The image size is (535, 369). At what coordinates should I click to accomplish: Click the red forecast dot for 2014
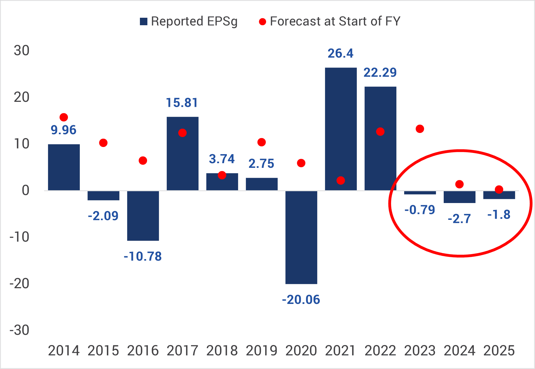pyautogui.click(x=64, y=117)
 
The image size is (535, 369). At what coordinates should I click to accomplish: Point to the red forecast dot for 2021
pyautogui.click(x=341, y=181)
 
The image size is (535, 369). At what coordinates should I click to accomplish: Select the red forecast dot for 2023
pyautogui.click(x=420, y=129)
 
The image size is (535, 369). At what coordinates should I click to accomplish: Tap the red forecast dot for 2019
pyautogui.click(x=261, y=142)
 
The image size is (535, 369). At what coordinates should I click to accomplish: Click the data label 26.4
pyautogui.click(x=341, y=54)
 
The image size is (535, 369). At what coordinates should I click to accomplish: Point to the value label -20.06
pyautogui.click(x=301, y=300)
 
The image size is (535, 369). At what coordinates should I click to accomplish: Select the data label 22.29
pyautogui.click(x=380, y=73)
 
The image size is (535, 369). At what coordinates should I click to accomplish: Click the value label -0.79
pyautogui.click(x=420, y=210)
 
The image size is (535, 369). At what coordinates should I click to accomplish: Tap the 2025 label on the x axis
pyautogui.click(x=499, y=351)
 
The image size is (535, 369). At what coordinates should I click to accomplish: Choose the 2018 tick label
pyautogui.click(x=222, y=351)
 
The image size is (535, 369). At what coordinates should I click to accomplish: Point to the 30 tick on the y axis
pyautogui.click(x=21, y=50)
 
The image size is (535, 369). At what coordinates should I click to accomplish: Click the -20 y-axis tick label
pyautogui.click(x=19, y=284)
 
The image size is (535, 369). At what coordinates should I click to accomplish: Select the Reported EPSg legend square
pyautogui.click(x=144, y=21)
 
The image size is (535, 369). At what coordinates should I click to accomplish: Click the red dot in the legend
pyautogui.click(x=262, y=22)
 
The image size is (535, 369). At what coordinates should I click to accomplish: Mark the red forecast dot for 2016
pyautogui.click(x=143, y=161)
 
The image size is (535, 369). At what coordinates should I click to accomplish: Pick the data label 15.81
pyautogui.click(x=182, y=103)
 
